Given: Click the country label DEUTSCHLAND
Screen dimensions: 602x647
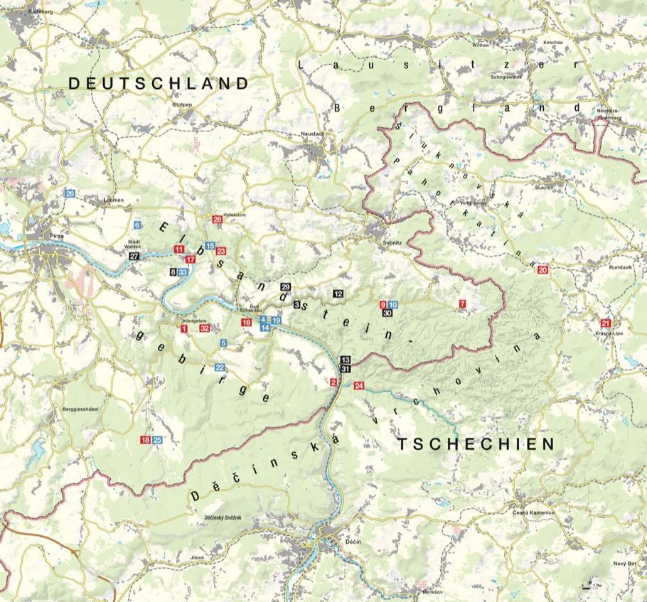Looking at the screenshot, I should point(159,84).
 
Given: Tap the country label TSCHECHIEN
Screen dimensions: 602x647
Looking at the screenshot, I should point(475,445).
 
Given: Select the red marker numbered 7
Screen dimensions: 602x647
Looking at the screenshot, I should point(462,304).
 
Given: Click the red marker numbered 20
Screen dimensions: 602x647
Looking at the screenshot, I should point(542,270).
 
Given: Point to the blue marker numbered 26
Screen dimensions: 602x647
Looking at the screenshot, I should point(70,193).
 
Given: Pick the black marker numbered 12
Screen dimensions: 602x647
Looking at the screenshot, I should point(338,294).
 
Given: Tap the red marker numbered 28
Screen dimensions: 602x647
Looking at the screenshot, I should point(218,220).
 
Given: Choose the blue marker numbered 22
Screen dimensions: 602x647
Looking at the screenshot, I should point(220,367).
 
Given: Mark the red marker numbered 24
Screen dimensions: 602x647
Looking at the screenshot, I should point(358,386).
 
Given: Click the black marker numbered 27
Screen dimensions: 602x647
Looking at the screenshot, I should point(134,256).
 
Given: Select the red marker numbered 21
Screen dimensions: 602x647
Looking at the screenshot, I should point(606,323).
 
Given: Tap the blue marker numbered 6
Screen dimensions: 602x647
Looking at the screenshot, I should point(137,225).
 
